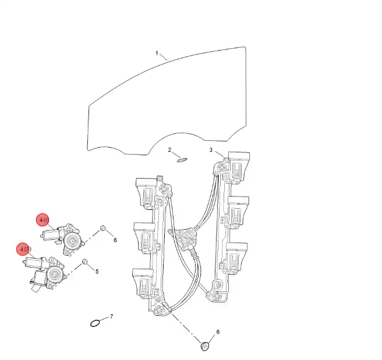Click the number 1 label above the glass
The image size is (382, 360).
point(157,53)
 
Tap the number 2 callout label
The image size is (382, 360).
point(169,150)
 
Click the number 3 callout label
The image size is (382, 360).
point(211,150)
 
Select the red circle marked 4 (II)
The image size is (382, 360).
point(24,249)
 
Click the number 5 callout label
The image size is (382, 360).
point(97,271)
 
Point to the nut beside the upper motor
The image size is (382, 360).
point(102,228)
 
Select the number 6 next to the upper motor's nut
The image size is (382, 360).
point(115,240)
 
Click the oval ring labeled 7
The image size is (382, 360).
point(94,323)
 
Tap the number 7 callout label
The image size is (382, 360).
point(111,316)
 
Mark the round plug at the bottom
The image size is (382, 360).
point(204,345)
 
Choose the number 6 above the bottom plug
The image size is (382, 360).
point(218,332)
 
